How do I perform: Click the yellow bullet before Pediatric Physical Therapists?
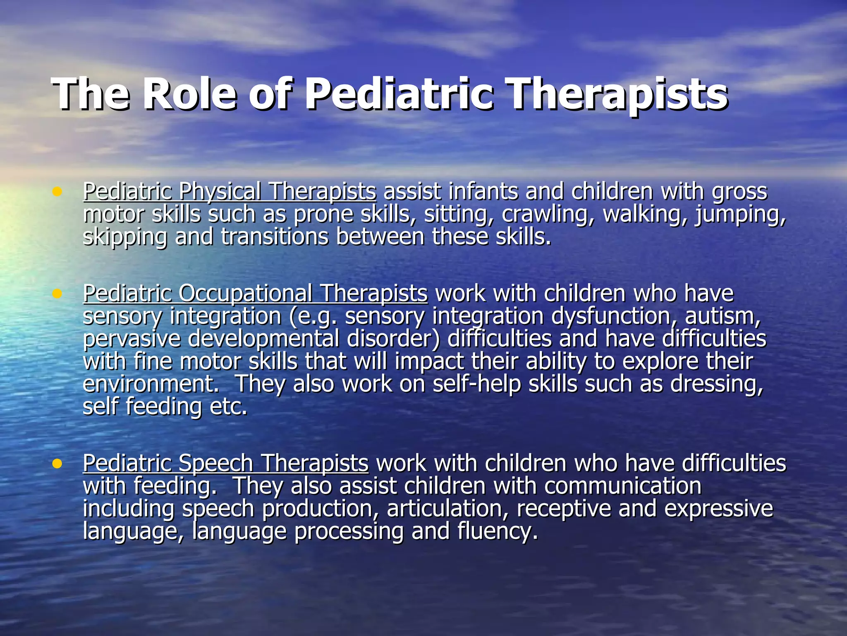tap(57, 191)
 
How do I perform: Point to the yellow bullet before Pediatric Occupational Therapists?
tap(57, 293)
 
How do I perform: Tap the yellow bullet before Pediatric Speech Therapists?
tap(57, 463)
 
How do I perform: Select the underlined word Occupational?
tap(246, 294)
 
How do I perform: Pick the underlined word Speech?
tap(215, 464)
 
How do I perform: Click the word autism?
tap(723, 316)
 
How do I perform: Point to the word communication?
tap(623, 486)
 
